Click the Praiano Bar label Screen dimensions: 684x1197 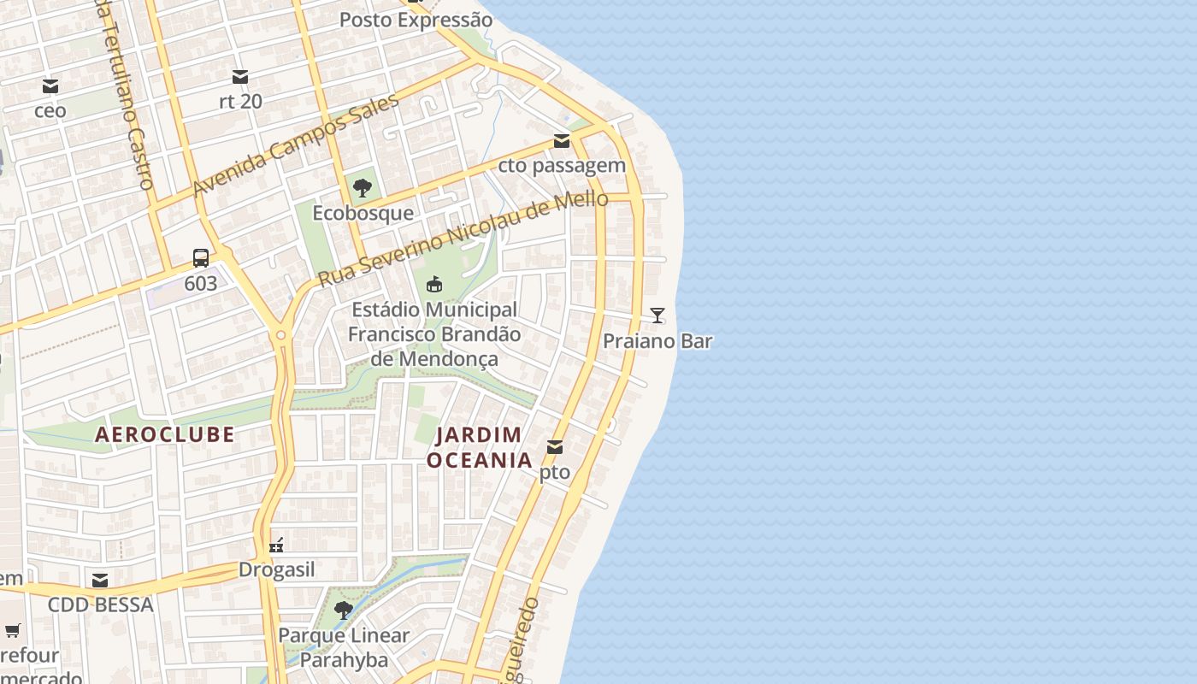(x=657, y=341)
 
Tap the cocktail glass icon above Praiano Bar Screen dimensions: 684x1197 (x=657, y=315)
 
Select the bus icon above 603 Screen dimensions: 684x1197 (x=201, y=257)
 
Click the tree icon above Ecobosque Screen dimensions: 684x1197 (x=363, y=188)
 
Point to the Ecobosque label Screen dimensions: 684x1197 (x=363, y=213)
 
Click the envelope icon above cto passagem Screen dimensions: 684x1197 (x=562, y=141)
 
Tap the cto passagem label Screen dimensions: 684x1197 (x=562, y=166)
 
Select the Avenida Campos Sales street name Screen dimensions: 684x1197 (x=296, y=145)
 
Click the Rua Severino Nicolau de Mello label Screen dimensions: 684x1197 (x=463, y=239)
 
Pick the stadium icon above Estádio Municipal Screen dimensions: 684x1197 (x=434, y=284)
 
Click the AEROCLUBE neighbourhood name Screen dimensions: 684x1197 (x=164, y=434)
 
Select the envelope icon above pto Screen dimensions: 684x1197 (x=555, y=446)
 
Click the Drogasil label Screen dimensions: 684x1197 (x=276, y=569)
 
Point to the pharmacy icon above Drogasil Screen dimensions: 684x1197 (x=276, y=545)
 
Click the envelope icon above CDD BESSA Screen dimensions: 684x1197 (x=100, y=581)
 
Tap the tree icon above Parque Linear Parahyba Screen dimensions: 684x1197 (x=344, y=610)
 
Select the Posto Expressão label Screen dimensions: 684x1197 (x=416, y=20)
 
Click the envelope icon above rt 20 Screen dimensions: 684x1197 (x=240, y=77)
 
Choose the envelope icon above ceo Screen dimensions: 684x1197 (x=50, y=86)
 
